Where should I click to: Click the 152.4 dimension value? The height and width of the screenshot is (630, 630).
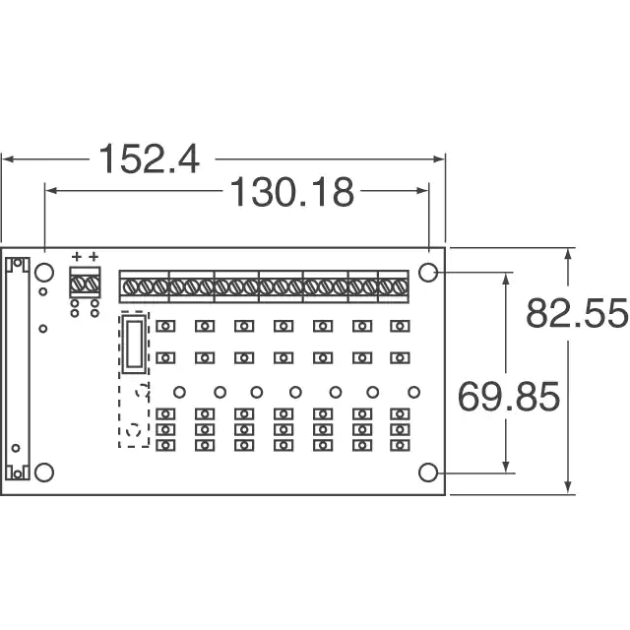tap(149, 159)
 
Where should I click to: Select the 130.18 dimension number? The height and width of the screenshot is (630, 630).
tap(292, 192)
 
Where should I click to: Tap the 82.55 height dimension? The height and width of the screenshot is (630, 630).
tap(577, 313)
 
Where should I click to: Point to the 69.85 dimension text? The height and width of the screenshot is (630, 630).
tap(509, 397)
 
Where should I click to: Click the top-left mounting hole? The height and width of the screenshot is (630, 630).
tap(44, 273)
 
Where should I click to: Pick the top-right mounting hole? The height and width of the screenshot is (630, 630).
tap(428, 273)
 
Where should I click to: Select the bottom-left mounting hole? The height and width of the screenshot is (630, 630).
tap(44, 472)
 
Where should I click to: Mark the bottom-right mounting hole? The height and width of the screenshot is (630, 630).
tap(428, 472)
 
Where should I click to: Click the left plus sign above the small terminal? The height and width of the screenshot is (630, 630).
tap(77, 256)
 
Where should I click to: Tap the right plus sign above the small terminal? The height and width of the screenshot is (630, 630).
tap(94, 256)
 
